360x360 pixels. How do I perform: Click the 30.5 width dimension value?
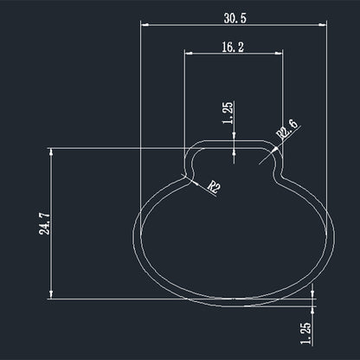[x=235, y=18]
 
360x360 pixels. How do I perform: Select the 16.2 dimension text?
[x=233, y=47]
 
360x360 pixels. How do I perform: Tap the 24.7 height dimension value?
[x=44, y=223]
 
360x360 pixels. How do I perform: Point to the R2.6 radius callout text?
[x=286, y=130]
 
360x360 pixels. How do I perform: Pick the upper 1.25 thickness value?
[x=228, y=112]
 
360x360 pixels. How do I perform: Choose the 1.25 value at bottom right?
[x=305, y=333]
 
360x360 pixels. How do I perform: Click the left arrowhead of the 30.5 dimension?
[x=145, y=25]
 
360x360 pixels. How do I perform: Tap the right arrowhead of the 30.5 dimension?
[x=323, y=25]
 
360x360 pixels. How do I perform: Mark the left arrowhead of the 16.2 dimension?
[x=189, y=54]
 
